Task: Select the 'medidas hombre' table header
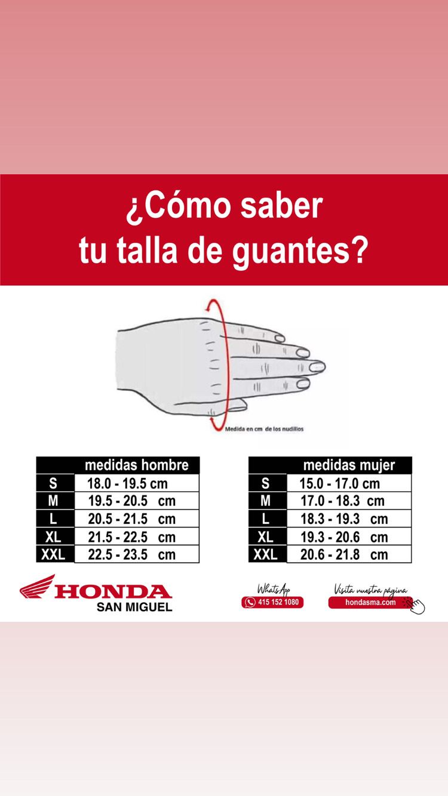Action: point(136,465)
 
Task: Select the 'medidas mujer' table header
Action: point(349,465)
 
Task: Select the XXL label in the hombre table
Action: point(54,554)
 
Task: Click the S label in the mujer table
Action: point(266,483)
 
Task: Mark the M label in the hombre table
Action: point(53,501)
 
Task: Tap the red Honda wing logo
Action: point(37,587)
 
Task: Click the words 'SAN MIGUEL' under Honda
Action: point(134,607)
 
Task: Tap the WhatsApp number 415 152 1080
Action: point(273,602)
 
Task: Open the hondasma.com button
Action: point(370,602)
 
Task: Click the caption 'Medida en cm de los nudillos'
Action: point(264,428)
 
